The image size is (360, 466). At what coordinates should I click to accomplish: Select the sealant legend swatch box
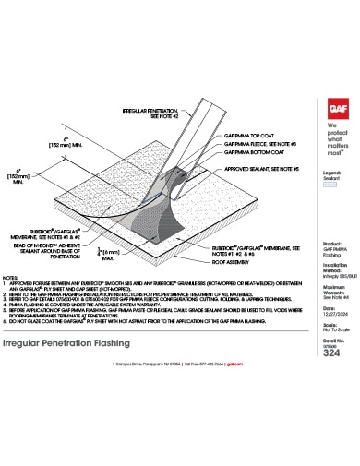coord(330,185)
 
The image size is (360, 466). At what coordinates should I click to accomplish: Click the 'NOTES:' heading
coord(12,276)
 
